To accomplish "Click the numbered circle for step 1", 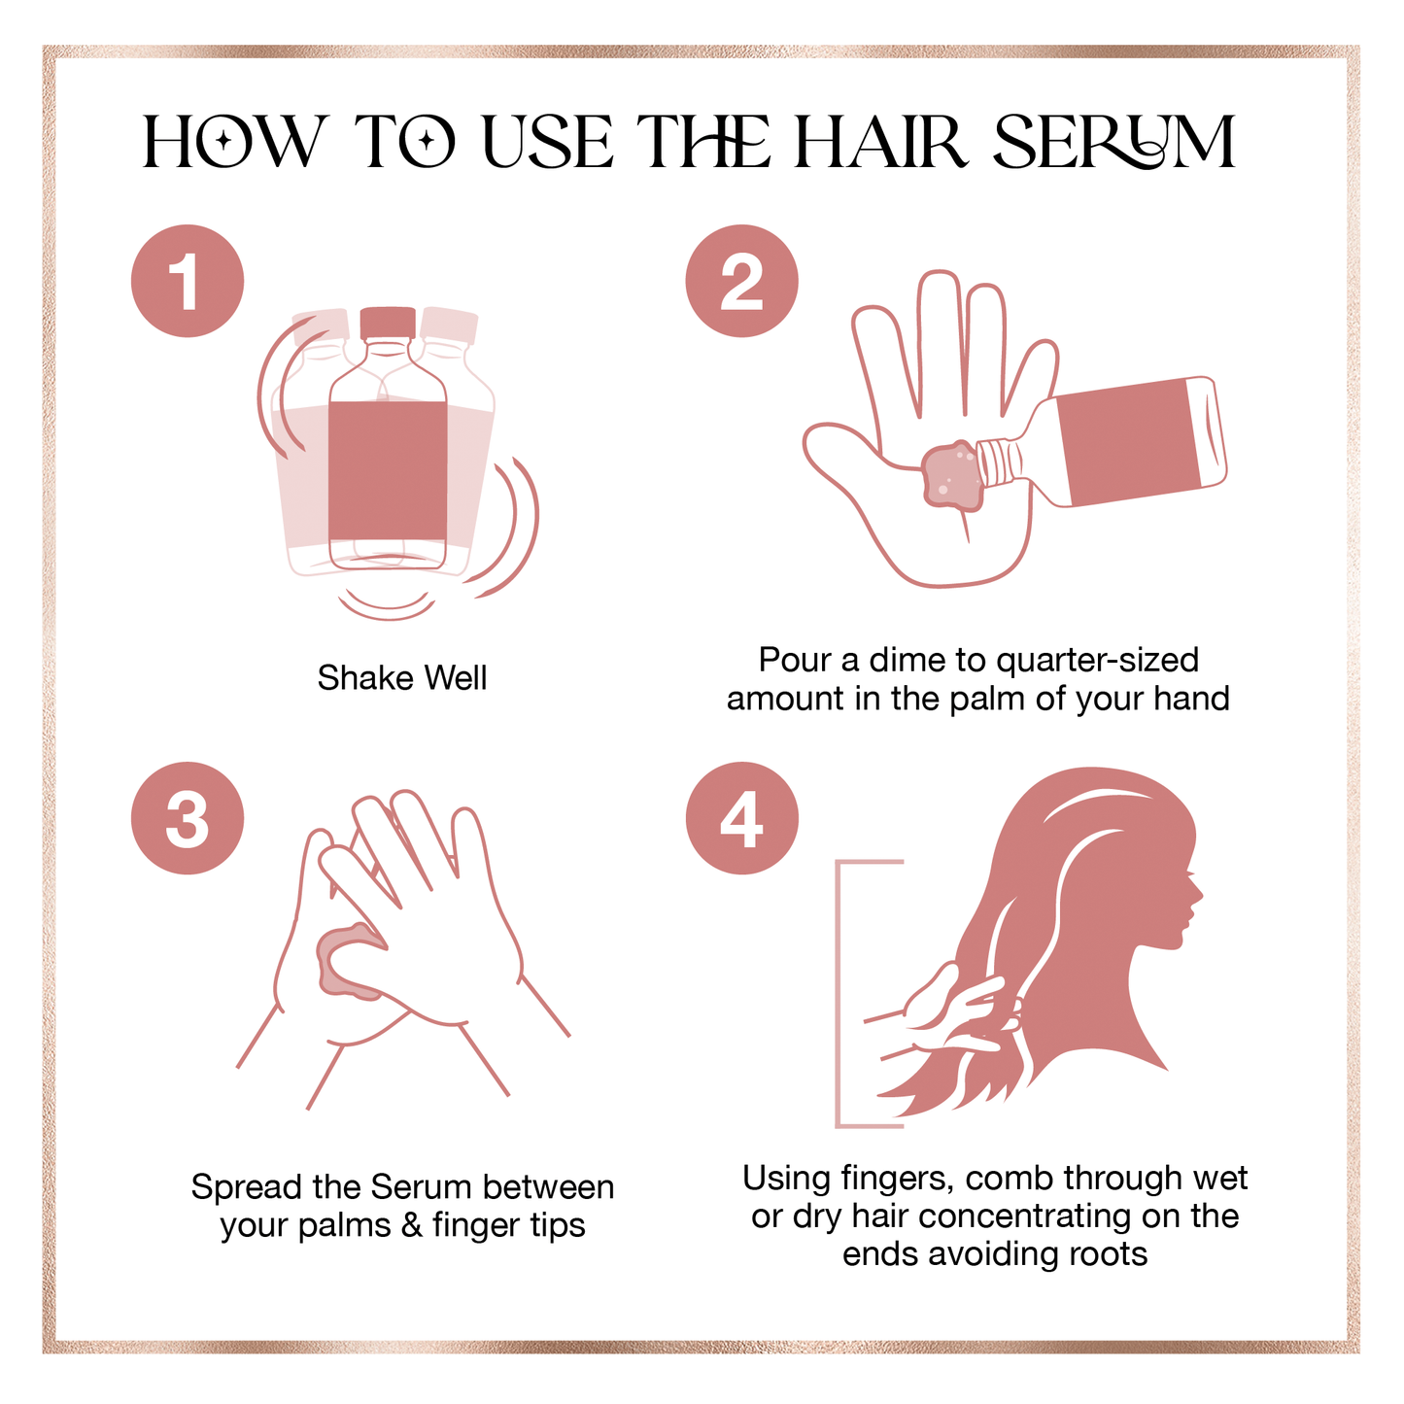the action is click(x=188, y=281).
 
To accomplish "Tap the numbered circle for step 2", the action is click(x=741, y=281).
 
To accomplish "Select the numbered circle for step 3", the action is click(x=188, y=817).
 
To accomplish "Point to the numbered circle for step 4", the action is click(x=741, y=817).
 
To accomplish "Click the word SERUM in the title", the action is click(x=1114, y=141).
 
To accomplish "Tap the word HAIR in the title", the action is click(x=880, y=141).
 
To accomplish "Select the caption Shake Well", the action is click(x=401, y=677).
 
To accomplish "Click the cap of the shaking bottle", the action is click(x=388, y=324).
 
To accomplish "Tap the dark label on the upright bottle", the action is click(x=388, y=470).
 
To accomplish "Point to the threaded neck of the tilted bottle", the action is click(x=998, y=462).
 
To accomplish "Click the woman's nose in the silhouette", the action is click(x=1199, y=896).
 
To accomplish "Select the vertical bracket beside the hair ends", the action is click(x=839, y=994).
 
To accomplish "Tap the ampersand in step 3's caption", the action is click(x=412, y=1226).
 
